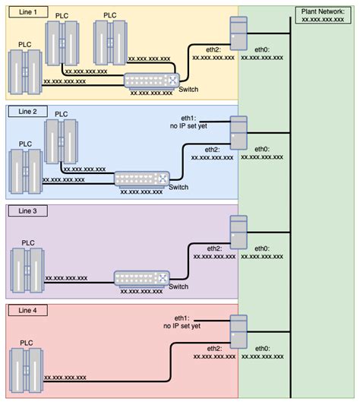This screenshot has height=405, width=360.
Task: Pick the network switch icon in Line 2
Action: pos(141,179)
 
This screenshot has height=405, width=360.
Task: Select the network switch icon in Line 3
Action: pos(140,278)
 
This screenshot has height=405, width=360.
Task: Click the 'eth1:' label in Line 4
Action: pos(182,317)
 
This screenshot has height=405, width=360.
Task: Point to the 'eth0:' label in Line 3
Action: pos(262,248)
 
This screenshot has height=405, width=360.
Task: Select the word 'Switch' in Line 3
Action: pos(179,286)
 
